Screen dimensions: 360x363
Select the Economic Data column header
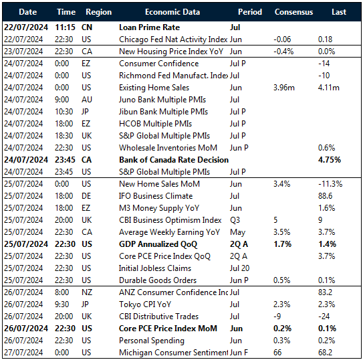[x=172, y=12]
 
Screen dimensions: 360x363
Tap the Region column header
[x=99, y=12]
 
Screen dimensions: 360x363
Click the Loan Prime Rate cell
[x=148, y=27]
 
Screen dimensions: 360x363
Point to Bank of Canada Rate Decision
[x=174, y=160]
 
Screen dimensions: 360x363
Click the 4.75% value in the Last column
[x=329, y=160]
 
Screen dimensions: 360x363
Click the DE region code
[x=88, y=196]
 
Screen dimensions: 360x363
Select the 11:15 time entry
[x=66, y=27]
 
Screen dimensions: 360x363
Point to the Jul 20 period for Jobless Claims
[x=239, y=268]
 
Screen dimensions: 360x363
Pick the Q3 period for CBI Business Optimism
[x=235, y=220]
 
